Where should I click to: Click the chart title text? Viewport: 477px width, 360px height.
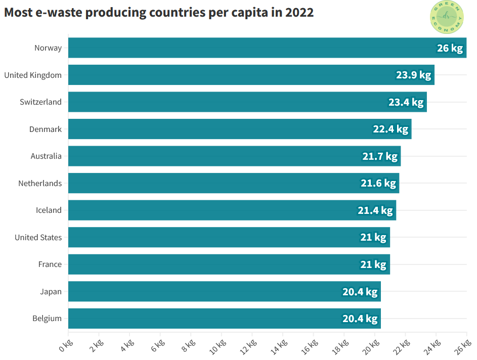coord(159,13)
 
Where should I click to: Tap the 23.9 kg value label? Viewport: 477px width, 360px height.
coord(413,75)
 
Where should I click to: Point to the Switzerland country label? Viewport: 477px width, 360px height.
coord(40,102)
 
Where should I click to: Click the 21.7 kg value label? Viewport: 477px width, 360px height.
coord(380,156)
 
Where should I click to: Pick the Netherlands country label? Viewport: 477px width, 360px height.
coord(40,184)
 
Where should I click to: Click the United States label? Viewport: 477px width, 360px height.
coord(38,238)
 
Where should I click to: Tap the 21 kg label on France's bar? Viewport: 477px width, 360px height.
coord(373,264)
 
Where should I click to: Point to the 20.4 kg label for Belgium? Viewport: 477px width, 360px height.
coord(360,319)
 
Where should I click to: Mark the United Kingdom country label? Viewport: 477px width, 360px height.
coord(33,75)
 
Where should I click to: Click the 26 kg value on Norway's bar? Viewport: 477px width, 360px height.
coord(450,49)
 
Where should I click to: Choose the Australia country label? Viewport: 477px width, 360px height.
coord(46,156)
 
